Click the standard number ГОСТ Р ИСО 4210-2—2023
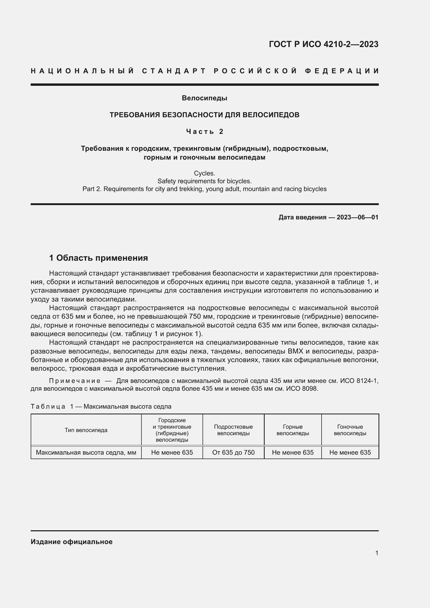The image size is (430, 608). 324,44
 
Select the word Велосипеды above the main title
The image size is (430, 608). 204,98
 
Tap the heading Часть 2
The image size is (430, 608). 204,131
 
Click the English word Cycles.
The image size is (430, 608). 204,173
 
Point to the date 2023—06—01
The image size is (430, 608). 357,217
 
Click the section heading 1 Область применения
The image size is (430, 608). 99,258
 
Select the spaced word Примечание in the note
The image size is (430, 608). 75,381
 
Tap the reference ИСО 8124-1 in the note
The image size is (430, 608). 359,381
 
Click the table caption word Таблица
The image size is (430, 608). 48,407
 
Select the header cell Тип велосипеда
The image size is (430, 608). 86,430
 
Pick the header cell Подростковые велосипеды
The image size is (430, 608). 233,430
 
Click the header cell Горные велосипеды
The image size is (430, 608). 292,430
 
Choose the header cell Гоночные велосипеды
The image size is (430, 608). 350,430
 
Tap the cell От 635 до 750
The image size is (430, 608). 233,452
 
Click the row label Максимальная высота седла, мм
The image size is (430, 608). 86,452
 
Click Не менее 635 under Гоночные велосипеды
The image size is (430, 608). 350,452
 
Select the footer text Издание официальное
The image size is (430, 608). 71,542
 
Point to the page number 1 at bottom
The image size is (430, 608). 377,553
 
